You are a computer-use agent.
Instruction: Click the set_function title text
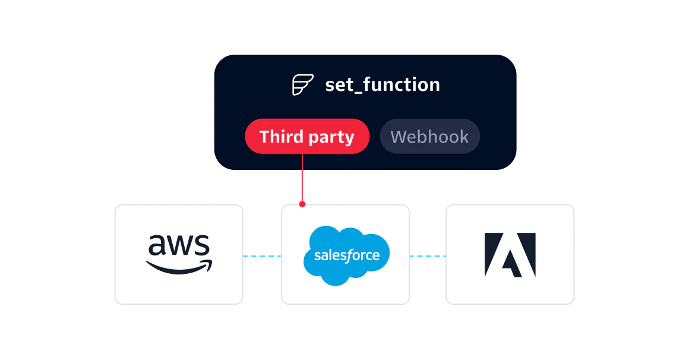383,85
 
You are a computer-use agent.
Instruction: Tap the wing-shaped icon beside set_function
302,85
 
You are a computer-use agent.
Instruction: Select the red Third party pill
307,137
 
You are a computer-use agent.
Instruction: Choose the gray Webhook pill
429,137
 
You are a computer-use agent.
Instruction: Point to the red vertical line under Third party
302,178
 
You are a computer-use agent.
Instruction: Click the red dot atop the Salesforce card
302,204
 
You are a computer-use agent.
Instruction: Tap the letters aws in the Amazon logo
179,245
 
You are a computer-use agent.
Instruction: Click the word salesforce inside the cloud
346,255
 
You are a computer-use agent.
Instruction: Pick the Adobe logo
510,255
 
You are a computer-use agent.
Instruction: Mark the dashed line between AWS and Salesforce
261,256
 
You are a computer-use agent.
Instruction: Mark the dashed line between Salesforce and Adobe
428,256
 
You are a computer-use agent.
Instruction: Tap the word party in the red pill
331,137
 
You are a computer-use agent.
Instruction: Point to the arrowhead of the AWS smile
207,263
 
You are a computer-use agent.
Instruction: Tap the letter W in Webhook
399,137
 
